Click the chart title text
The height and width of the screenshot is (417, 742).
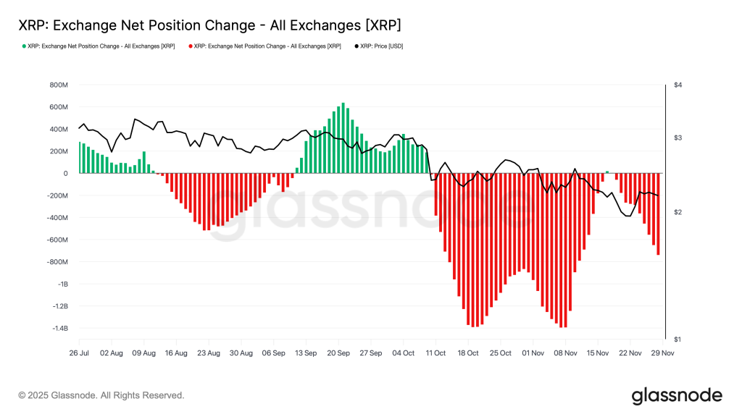pyautogui.click(x=209, y=25)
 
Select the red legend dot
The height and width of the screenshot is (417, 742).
pyautogui.click(x=191, y=46)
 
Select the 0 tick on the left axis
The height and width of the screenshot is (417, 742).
pyautogui.click(x=64, y=174)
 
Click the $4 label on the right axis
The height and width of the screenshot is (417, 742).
pyautogui.click(x=678, y=85)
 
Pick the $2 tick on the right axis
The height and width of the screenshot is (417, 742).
pyautogui.click(x=678, y=212)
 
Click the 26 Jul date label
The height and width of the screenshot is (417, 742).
pyautogui.click(x=79, y=353)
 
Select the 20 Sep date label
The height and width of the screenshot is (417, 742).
pyautogui.click(x=338, y=353)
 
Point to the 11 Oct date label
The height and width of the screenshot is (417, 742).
pyautogui.click(x=435, y=353)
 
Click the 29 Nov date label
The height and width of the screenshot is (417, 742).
pyautogui.click(x=662, y=353)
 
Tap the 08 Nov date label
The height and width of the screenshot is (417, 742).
pyautogui.click(x=565, y=353)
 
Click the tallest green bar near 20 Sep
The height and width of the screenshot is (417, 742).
pyautogui.click(x=343, y=138)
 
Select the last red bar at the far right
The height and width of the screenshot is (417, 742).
pyautogui.click(x=658, y=214)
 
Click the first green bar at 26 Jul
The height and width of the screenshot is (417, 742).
pyautogui.click(x=80, y=157)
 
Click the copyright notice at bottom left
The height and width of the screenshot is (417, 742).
pyautogui.click(x=101, y=395)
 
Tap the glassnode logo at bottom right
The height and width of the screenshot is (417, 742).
pyautogui.click(x=677, y=395)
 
